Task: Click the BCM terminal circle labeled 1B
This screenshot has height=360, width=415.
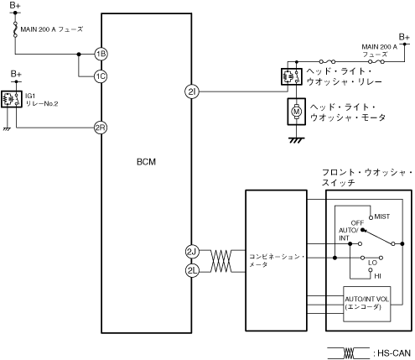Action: pyautogui.click(x=101, y=54)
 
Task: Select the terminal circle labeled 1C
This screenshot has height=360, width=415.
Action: pyautogui.click(x=101, y=76)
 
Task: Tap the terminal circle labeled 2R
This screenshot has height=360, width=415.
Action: pyautogui.click(x=101, y=128)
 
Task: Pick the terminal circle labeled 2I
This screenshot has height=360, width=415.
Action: pyautogui.click(x=192, y=91)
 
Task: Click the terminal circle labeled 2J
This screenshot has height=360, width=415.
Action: pyautogui.click(x=192, y=252)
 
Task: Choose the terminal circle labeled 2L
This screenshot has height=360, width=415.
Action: pyautogui.click(x=192, y=270)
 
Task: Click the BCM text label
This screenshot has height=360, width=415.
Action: pyautogui.click(x=146, y=162)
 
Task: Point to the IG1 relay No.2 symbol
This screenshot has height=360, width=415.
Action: pyautogui.click(x=12, y=99)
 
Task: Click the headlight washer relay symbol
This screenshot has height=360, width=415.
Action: pyautogui.click(x=292, y=76)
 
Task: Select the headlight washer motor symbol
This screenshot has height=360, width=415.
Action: pyautogui.click(x=296, y=112)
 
